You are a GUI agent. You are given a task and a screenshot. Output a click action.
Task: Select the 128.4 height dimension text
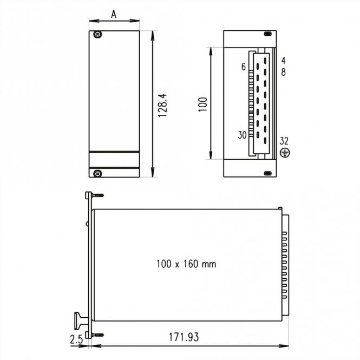point(161,104)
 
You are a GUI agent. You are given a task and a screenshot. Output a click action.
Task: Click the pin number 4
point(284,60)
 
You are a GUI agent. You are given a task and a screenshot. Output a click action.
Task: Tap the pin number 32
point(284,141)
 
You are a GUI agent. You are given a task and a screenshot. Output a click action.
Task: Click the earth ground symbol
point(285,153)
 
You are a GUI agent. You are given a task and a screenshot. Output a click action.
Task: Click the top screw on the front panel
point(97,35)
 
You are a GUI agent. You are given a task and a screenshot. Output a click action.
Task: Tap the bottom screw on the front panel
point(97,173)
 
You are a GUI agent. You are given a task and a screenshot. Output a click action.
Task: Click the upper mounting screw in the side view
point(97,196)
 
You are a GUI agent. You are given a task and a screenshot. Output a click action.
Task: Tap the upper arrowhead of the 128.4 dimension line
point(154,33)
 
